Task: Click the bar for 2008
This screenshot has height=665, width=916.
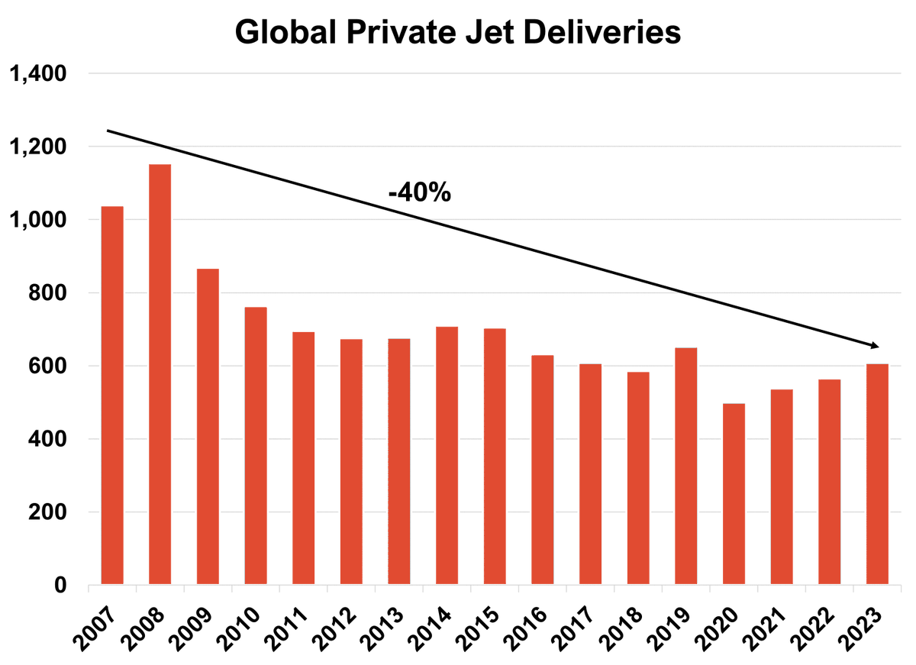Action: (160, 374)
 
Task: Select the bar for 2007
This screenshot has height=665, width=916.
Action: (112, 395)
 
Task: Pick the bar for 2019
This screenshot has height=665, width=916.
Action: (686, 466)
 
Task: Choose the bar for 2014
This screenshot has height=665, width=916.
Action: (447, 456)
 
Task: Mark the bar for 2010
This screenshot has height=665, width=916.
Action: (256, 446)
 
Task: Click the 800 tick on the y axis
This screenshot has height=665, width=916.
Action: (47, 293)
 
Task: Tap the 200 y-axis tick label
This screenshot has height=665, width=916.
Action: (47, 513)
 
